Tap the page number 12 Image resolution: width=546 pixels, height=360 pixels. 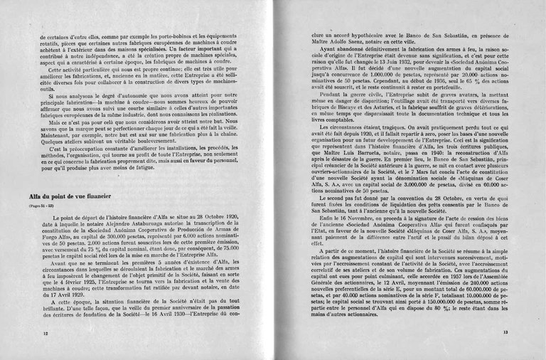tap(45, 332)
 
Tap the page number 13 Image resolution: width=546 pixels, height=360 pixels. tap(505, 332)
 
